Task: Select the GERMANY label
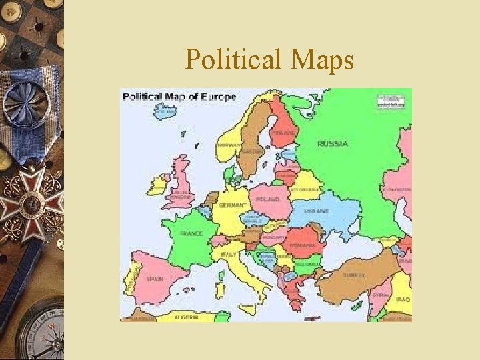(233, 205)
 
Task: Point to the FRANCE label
(191, 233)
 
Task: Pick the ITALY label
(228, 254)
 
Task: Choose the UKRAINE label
(317, 211)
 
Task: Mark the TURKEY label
(353, 275)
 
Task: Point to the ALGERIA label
(186, 317)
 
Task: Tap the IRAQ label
(402, 300)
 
